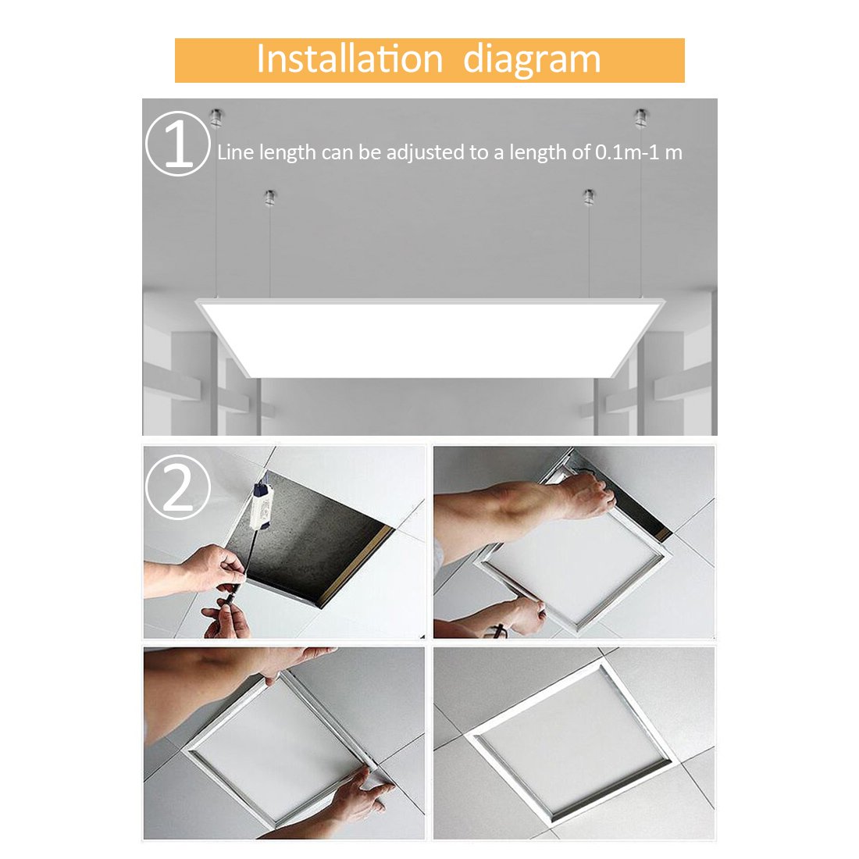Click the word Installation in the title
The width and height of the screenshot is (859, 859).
pyautogui.click(x=349, y=60)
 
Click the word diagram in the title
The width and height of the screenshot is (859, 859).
pyautogui.click(x=532, y=60)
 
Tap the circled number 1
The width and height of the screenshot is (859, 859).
pyautogui.click(x=178, y=144)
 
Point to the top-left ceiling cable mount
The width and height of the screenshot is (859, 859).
pyautogui.click(x=216, y=118)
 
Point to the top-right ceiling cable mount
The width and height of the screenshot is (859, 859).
pyautogui.click(x=640, y=118)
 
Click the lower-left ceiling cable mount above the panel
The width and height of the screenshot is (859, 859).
pyautogui.click(x=269, y=198)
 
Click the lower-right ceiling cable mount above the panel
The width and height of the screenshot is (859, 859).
pyautogui.click(x=590, y=197)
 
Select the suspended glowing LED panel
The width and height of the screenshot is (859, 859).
pyautogui.click(x=429, y=336)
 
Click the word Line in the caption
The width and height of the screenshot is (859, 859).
pyautogui.click(x=235, y=152)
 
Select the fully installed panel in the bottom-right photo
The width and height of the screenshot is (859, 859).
pyautogui.click(x=572, y=742)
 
